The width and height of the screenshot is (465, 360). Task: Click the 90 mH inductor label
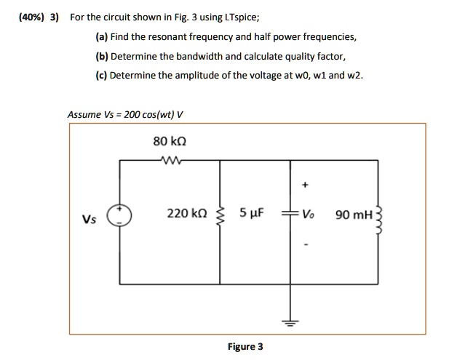click(x=354, y=215)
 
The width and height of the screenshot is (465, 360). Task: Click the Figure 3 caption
click(x=245, y=346)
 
